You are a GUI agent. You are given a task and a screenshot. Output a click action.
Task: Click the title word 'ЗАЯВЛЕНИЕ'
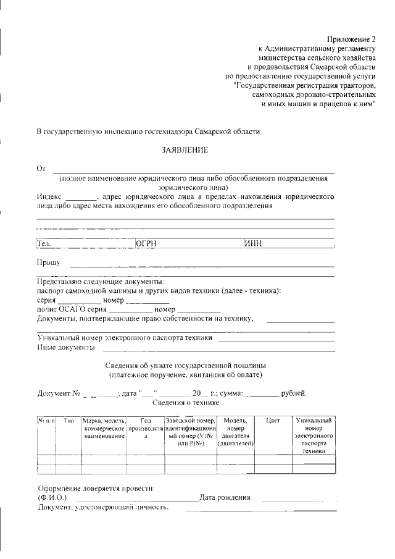(185, 150)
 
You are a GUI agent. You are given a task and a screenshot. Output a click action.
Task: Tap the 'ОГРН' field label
(146, 243)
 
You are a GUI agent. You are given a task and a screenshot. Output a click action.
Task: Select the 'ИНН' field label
(254, 243)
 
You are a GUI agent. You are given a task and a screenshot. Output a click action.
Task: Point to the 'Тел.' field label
(44, 243)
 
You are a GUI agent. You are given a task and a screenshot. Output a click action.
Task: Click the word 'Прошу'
(48, 263)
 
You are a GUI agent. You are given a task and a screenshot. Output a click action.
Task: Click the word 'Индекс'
(49, 197)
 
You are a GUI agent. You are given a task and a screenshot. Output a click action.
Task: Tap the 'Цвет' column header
(273, 421)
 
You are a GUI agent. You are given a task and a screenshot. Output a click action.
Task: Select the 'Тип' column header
(69, 421)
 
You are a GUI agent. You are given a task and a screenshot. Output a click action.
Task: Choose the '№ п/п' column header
(46, 421)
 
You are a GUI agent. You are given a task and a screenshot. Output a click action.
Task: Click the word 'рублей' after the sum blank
(293, 393)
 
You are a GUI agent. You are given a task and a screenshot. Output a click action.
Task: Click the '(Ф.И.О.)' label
(52, 497)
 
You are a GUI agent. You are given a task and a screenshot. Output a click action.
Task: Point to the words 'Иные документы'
(66, 348)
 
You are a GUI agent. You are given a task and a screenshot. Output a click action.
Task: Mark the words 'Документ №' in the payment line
(59, 393)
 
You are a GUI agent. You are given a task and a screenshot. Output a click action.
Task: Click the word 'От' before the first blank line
(41, 168)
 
